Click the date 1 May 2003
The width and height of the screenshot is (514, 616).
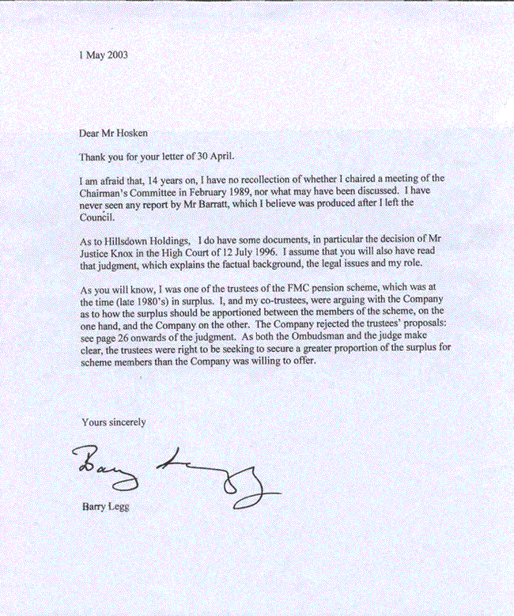click(x=104, y=55)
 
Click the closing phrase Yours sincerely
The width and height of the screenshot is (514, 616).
click(x=114, y=422)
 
